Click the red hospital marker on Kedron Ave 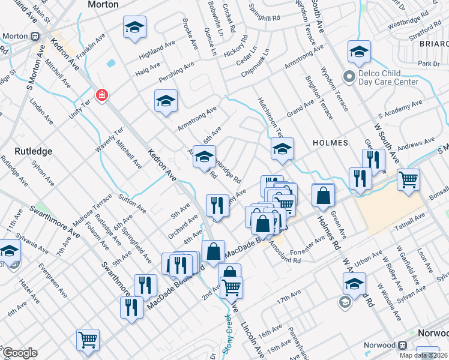click(x=102, y=95)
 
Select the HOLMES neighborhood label click(x=330, y=143)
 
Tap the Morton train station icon click(x=36, y=36)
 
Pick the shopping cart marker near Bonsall click(x=408, y=178)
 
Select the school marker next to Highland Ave click(x=135, y=26)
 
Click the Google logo click(x=20, y=353)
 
